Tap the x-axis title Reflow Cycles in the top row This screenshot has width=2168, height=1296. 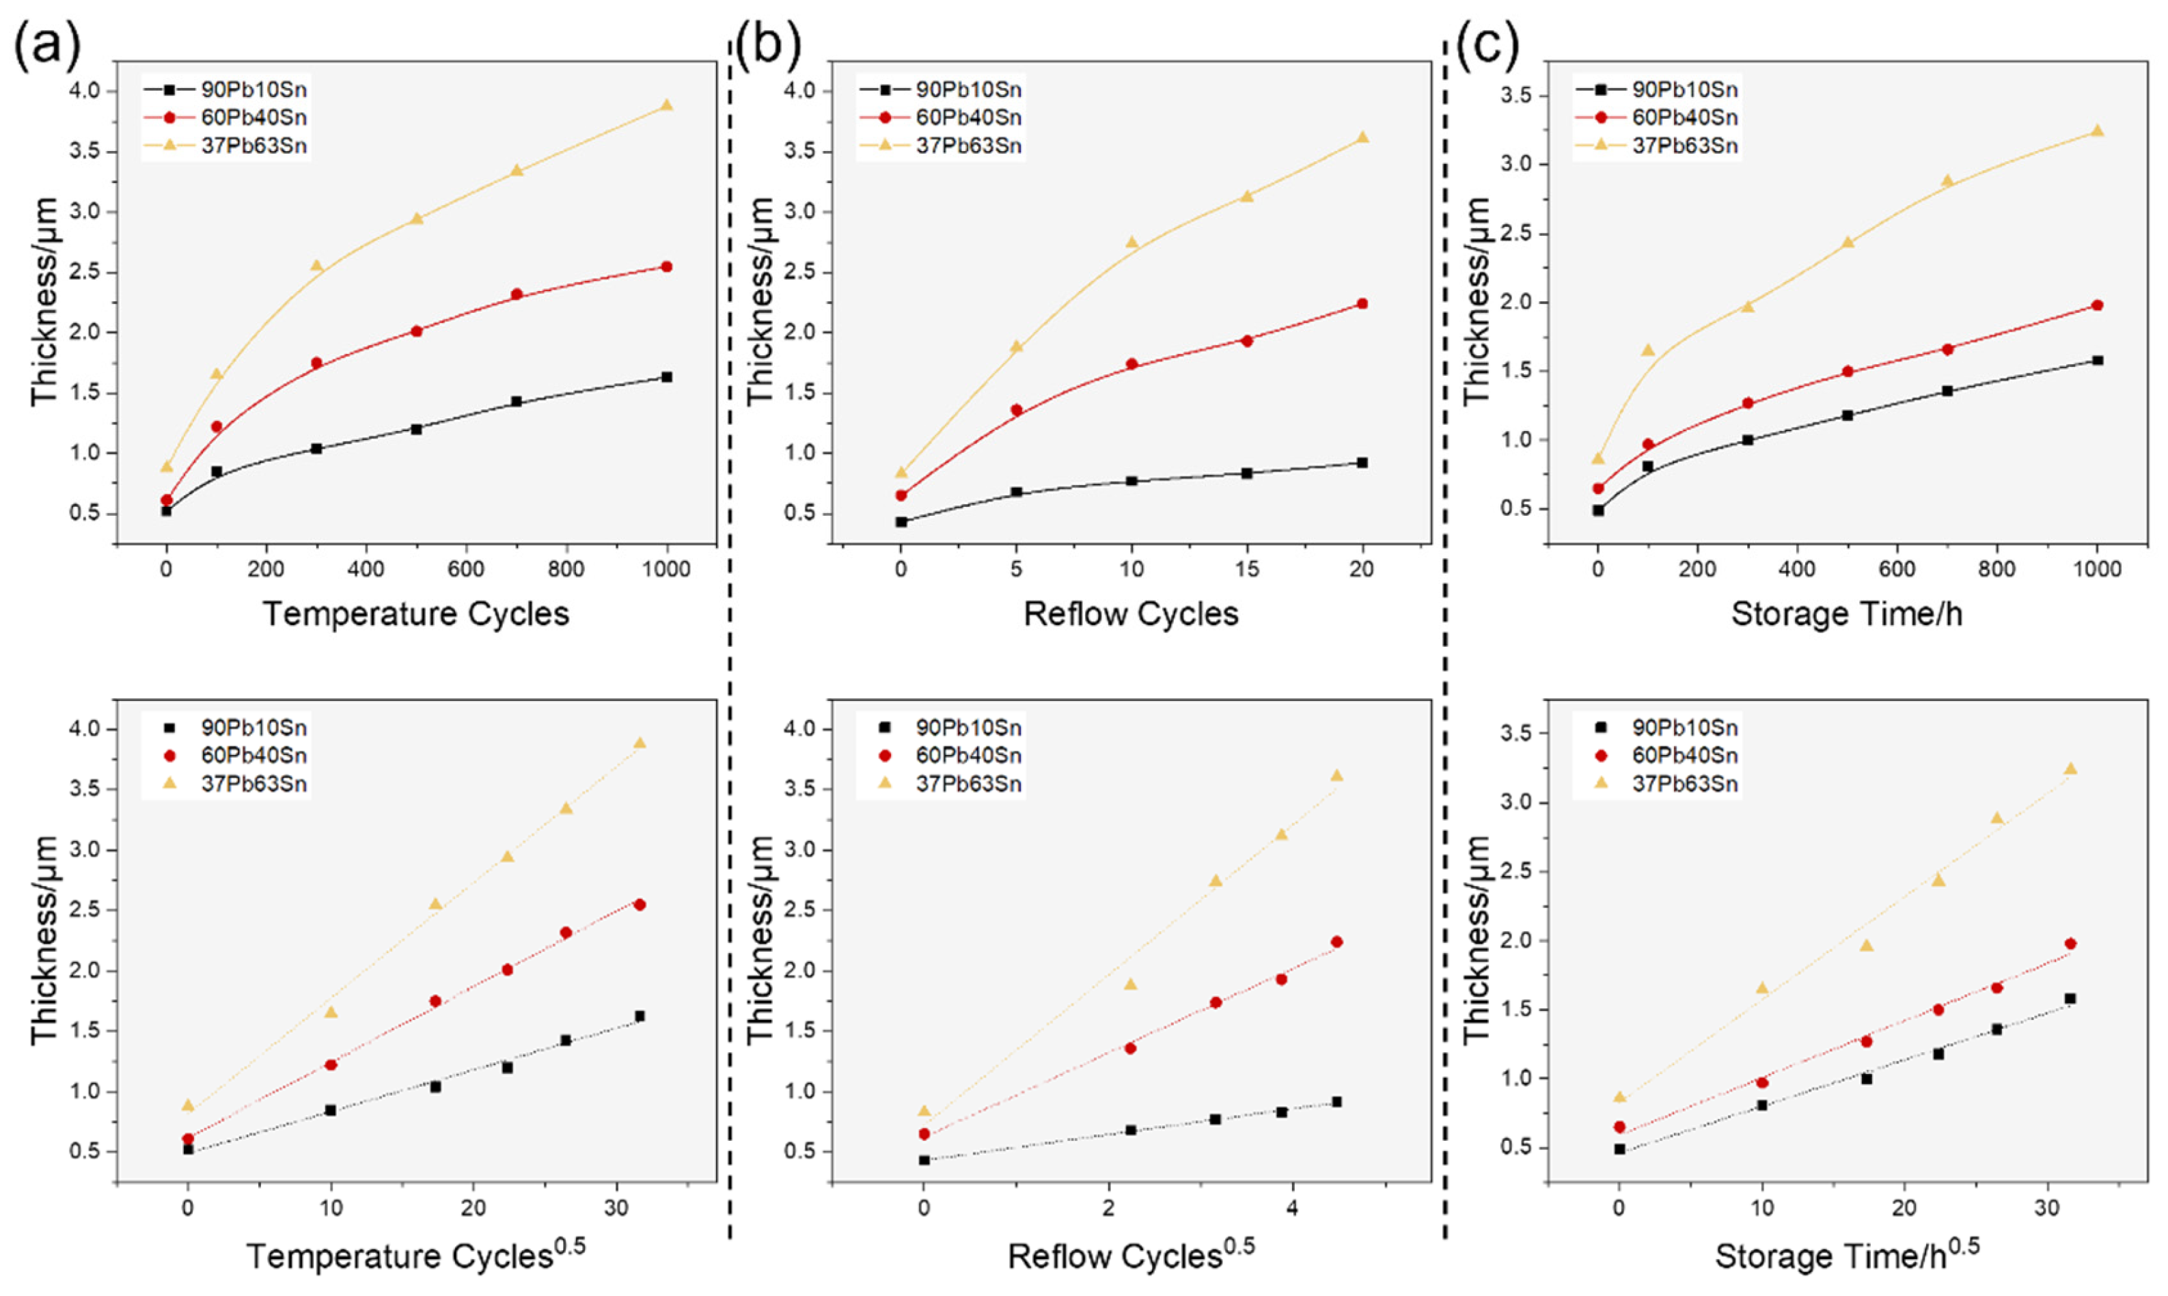pos(1131,614)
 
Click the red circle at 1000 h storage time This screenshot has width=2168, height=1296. pos(2097,305)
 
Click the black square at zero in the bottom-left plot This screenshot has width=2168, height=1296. pos(188,1149)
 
